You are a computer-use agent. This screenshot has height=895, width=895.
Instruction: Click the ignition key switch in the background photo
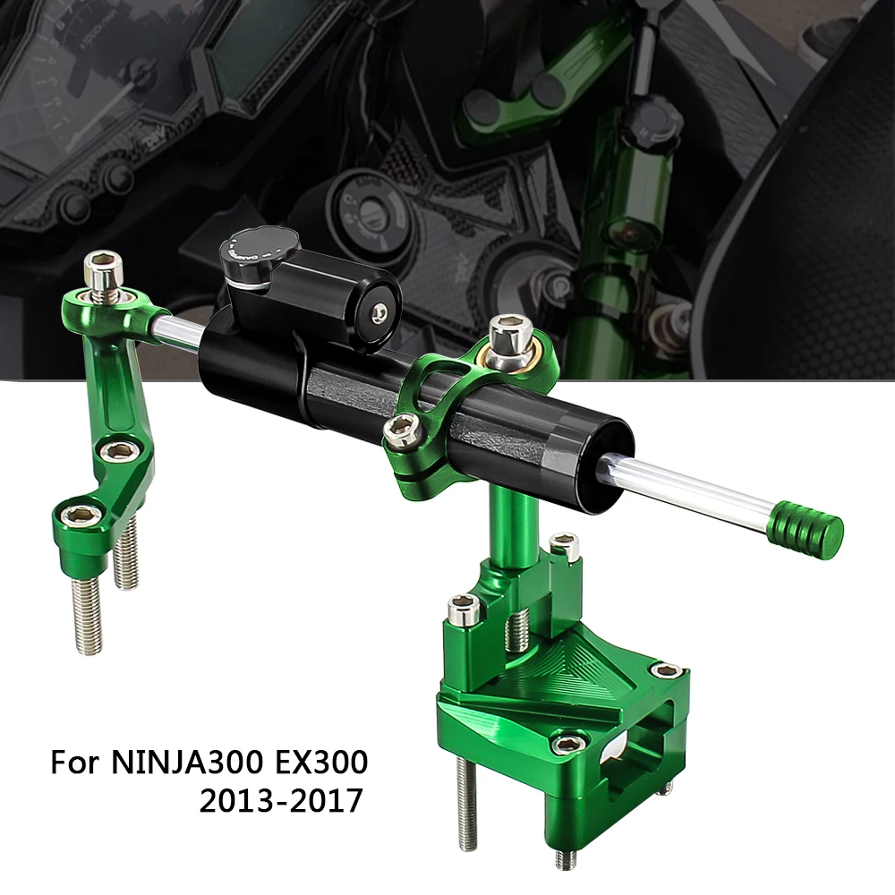[368, 199]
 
